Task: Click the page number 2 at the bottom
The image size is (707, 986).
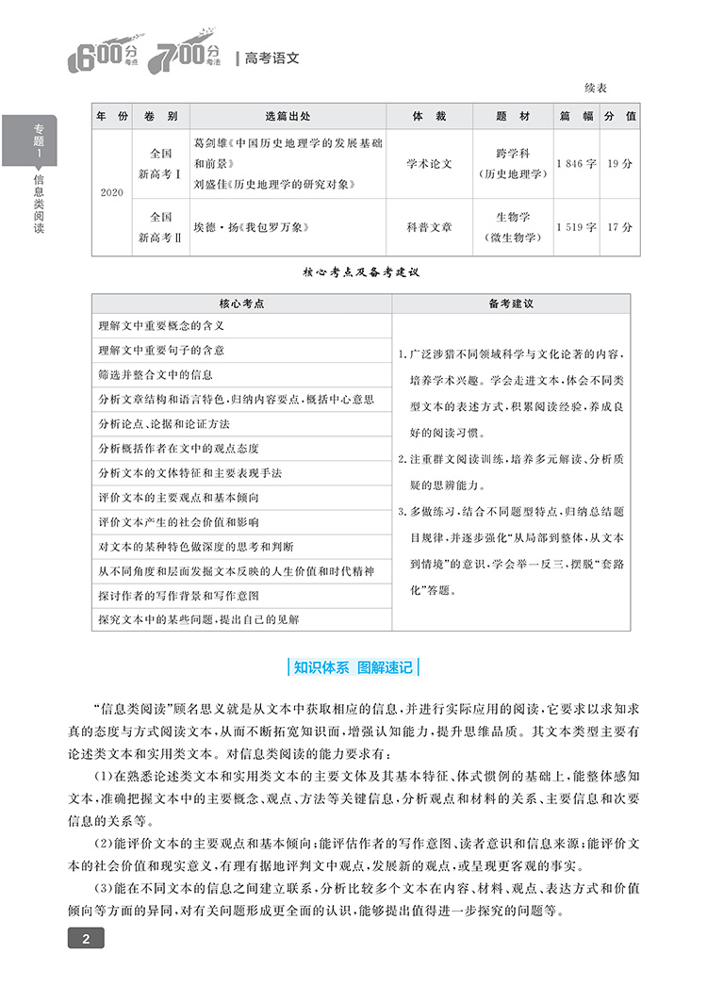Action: point(86,938)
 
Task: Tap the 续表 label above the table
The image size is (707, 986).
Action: point(595,88)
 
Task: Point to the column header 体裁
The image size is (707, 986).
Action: point(429,116)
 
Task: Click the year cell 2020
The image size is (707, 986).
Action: point(111,192)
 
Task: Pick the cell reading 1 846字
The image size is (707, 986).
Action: point(576,163)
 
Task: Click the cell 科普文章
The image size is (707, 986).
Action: point(429,227)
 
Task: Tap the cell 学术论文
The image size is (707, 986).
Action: point(429,163)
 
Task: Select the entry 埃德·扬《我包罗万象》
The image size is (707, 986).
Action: point(251,227)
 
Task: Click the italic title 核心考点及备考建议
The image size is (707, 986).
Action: point(360,272)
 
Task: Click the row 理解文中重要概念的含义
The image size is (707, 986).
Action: point(160,325)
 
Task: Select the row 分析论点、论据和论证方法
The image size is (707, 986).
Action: point(164,423)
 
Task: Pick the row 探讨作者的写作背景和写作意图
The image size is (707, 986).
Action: point(178,596)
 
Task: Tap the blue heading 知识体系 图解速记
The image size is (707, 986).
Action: point(353,666)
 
